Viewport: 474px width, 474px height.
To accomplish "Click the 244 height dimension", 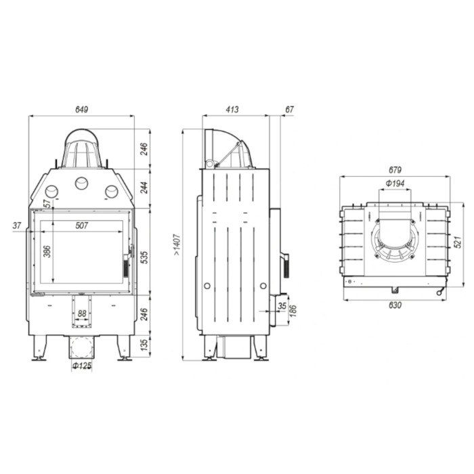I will (144, 188).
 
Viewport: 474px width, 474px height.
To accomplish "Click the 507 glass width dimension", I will (82, 226).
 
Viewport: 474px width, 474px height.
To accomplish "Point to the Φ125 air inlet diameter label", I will (82, 366).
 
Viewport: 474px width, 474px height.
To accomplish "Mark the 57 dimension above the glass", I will (47, 203).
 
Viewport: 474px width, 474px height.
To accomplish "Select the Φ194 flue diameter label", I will (395, 184).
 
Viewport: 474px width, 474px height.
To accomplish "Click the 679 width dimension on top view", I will (395, 169).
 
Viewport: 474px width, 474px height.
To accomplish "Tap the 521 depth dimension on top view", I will (458, 240).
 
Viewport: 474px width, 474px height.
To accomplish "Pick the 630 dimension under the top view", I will (395, 305).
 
